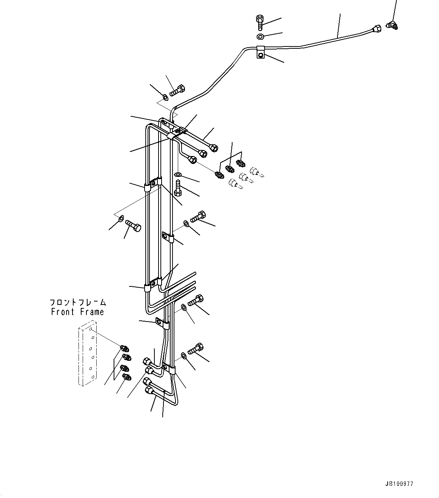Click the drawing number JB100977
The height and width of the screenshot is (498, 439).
pos(400,483)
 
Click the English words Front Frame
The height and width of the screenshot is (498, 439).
pos(77,312)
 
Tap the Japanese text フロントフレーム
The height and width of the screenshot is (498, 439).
pos(78,302)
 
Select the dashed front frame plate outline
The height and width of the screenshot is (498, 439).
pos(86,353)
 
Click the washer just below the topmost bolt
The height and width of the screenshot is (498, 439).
pos(260,37)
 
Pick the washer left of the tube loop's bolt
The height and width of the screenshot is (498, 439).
pos(120,218)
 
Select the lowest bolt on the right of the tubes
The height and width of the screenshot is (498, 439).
pos(195,348)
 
